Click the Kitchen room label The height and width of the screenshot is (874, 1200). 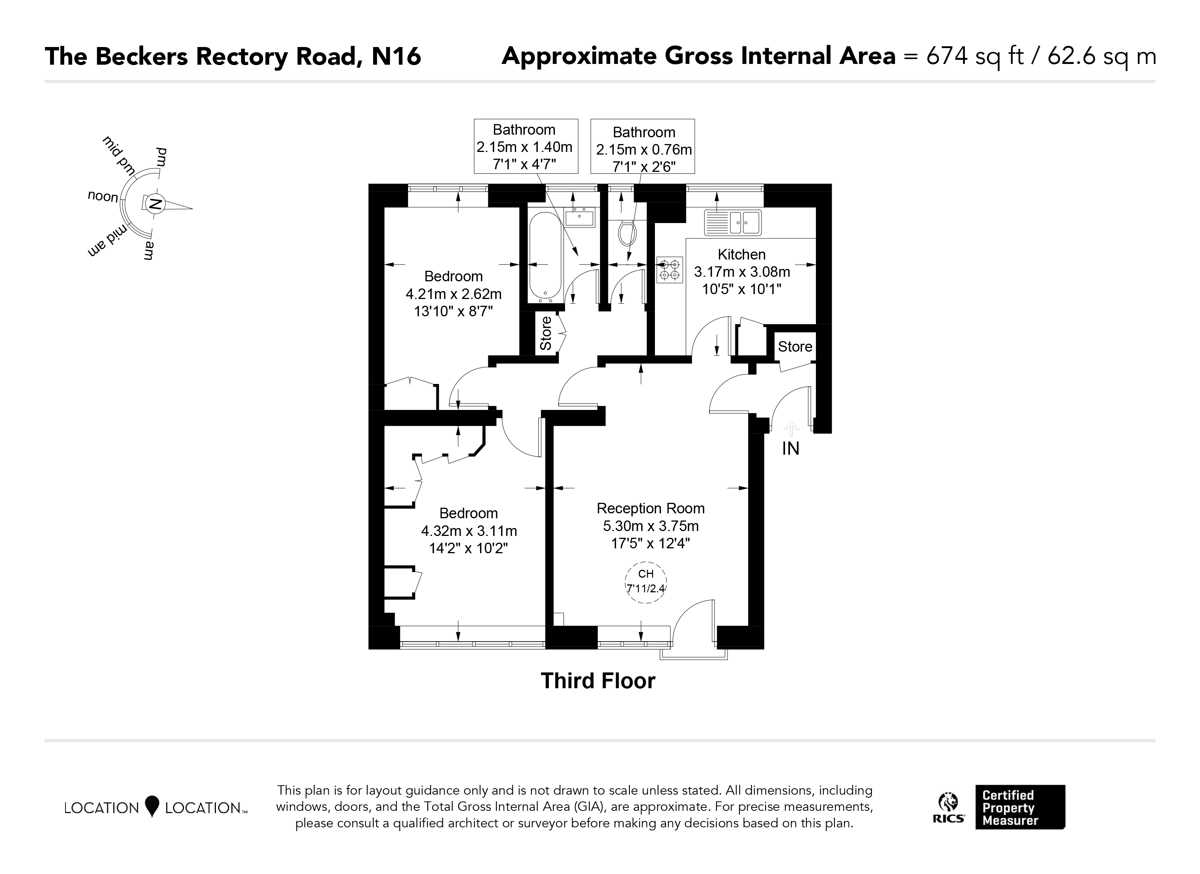741,255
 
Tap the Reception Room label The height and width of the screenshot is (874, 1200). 650,508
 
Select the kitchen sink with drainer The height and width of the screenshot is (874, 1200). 732,222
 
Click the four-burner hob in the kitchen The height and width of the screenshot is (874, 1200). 669,269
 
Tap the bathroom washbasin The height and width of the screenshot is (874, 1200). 579,217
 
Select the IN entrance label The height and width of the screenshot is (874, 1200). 790,449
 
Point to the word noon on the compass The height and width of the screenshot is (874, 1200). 103,197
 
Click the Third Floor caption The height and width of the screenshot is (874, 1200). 598,681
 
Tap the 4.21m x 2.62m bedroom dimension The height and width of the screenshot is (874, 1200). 453,294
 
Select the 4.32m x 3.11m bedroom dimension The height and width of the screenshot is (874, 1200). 469,531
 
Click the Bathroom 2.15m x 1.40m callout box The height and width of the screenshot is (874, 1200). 526,146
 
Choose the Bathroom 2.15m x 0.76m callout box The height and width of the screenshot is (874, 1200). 643,146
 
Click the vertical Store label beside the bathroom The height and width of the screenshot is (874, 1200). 545,333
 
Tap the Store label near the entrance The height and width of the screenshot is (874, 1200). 795,346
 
